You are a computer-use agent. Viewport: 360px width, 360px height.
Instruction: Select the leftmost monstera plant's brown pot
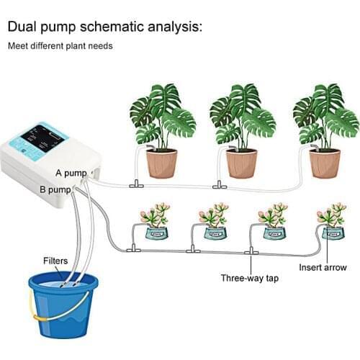161,163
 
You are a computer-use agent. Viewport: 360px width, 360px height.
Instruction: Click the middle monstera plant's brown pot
241,163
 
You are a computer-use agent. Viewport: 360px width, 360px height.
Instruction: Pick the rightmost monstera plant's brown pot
325,163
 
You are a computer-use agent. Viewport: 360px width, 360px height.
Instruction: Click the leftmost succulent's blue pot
156,233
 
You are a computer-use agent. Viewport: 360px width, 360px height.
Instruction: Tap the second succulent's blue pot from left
215,233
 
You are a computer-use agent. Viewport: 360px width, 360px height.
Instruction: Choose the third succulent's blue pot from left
274,233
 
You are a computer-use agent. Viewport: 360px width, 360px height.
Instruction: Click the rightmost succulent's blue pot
333,233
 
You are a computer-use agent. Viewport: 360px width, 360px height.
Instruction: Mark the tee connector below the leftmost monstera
134,184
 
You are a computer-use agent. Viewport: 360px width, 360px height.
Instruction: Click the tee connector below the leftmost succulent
132,249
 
